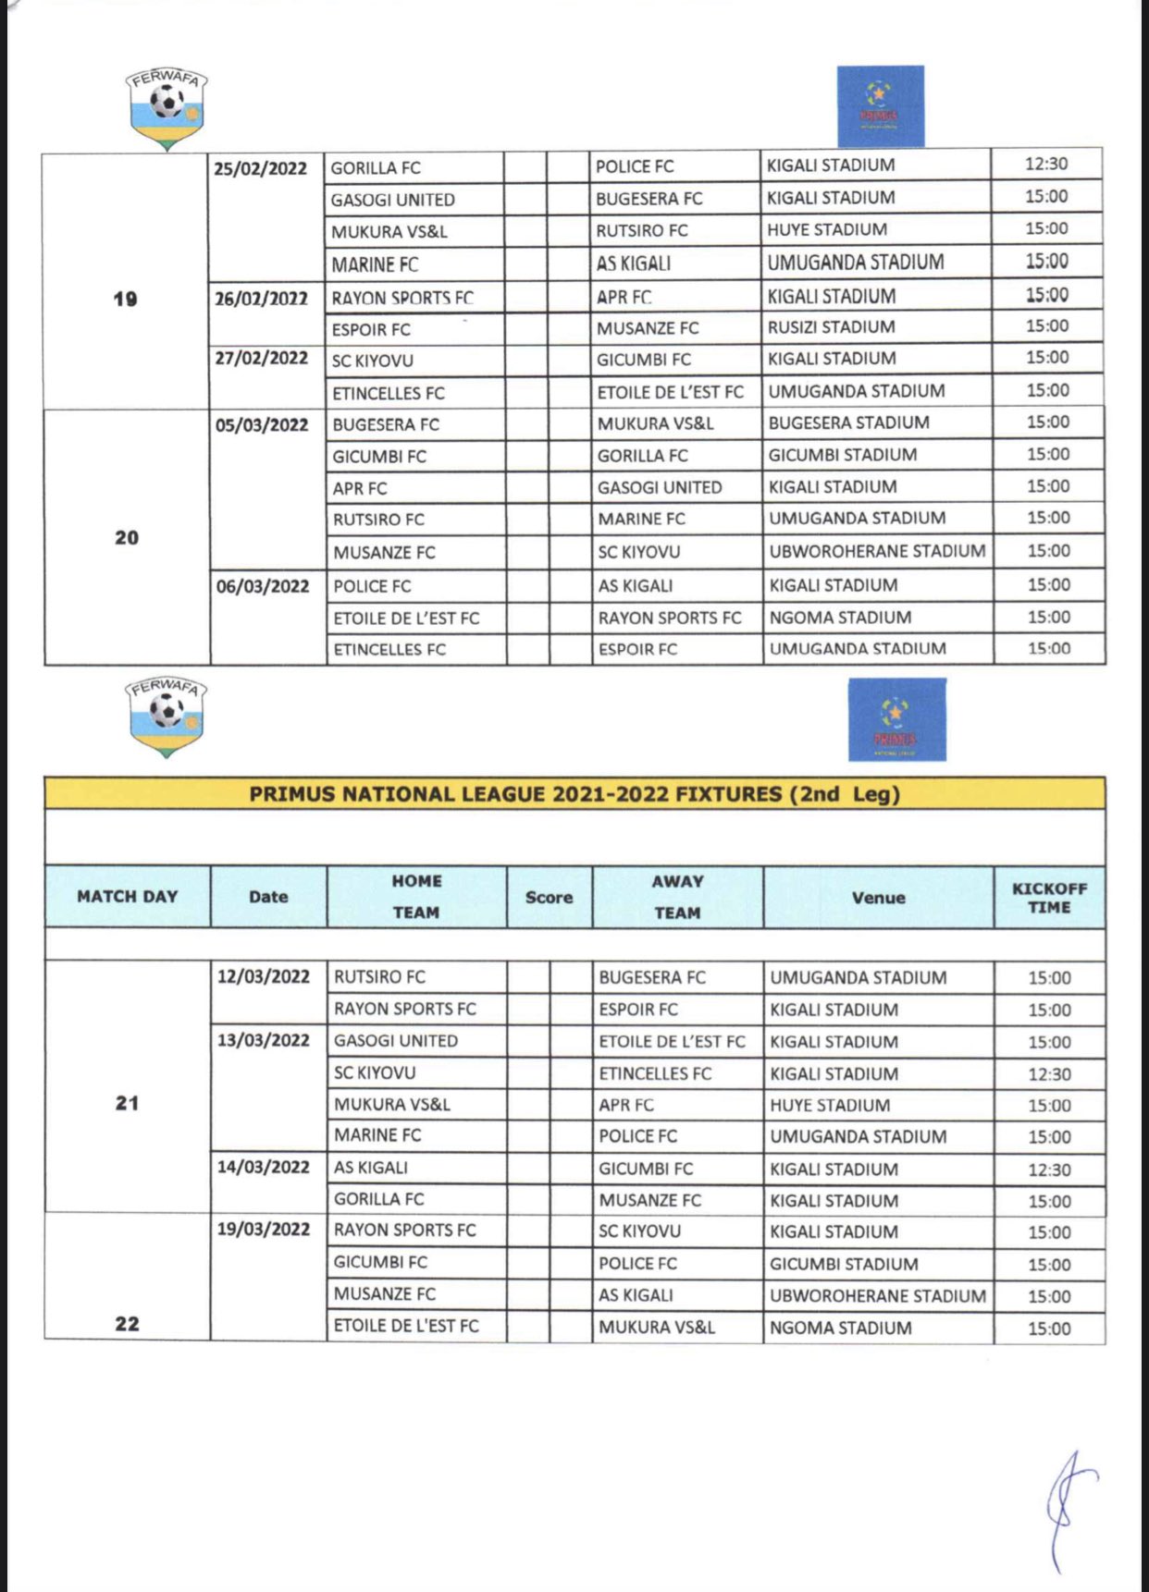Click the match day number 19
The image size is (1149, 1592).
pos(126,299)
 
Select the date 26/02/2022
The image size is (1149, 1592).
pos(261,299)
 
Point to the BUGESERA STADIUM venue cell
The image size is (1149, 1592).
pos(848,422)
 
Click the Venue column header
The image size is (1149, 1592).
pos(878,898)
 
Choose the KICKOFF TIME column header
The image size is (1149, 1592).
pos(1049,898)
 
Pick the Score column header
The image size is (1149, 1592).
pos(549,898)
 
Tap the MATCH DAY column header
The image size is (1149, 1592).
pos(128,897)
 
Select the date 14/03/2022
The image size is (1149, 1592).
pos(264,1167)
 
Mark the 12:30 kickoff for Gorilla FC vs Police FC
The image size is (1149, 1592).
pos(1046,165)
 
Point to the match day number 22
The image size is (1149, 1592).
pos(128,1323)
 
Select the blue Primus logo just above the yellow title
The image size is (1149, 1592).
pos(896,719)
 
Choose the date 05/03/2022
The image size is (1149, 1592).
pos(262,425)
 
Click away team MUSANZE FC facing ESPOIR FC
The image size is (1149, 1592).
pos(648,328)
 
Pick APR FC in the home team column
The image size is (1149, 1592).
pos(360,488)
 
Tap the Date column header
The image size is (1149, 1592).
pos(268,897)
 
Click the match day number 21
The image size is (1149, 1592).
pos(128,1103)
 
